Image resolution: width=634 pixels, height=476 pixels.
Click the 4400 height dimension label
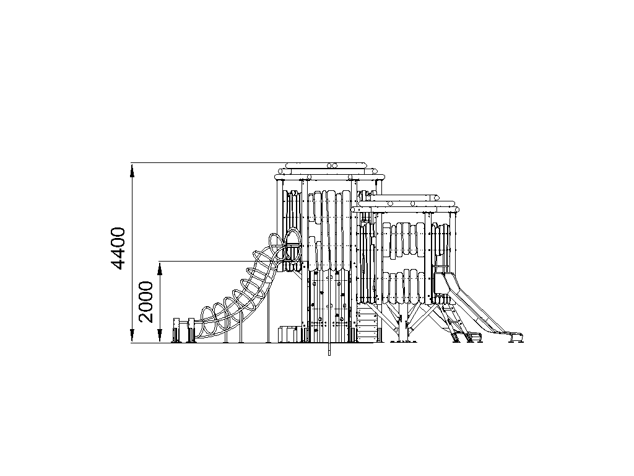[x=118, y=249]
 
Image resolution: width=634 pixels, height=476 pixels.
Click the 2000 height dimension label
[x=145, y=302]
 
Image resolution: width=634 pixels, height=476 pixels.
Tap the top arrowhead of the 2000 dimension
[x=160, y=268]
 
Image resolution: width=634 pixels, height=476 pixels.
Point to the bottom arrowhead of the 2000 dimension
[x=160, y=336]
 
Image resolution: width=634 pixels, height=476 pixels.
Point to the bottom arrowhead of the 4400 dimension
[x=132, y=336]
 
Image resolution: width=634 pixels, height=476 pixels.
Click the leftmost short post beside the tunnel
[x=176, y=330]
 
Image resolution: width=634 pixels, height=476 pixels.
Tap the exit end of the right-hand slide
[x=516, y=337]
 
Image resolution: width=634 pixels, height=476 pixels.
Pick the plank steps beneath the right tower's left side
[x=367, y=323]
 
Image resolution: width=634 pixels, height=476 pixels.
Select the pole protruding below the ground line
[x=329, y=349]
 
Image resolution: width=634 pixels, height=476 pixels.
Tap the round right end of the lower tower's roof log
[x=456, y=209]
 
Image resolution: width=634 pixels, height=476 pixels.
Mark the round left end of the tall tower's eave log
[x=277, y=177]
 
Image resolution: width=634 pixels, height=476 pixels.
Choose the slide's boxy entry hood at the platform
[x=440, y=283]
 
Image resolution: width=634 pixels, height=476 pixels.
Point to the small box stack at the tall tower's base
[x=288, y=333]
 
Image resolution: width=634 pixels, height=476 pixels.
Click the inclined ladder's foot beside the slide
[x=456, y=337]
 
